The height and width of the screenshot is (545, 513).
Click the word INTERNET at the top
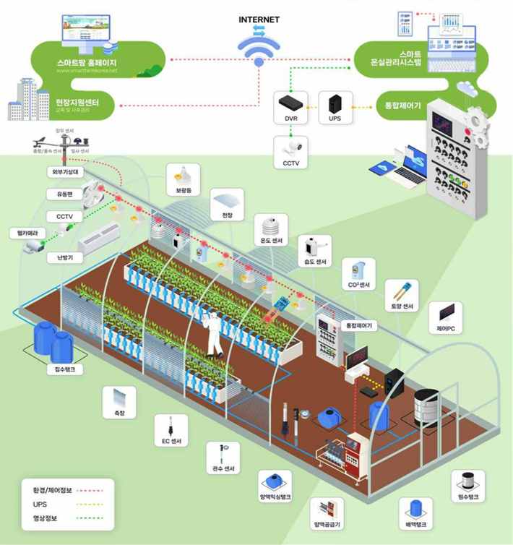259,20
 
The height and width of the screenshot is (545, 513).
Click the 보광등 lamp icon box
183,177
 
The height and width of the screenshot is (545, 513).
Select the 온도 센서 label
272,241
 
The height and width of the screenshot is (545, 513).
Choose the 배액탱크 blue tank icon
415,510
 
